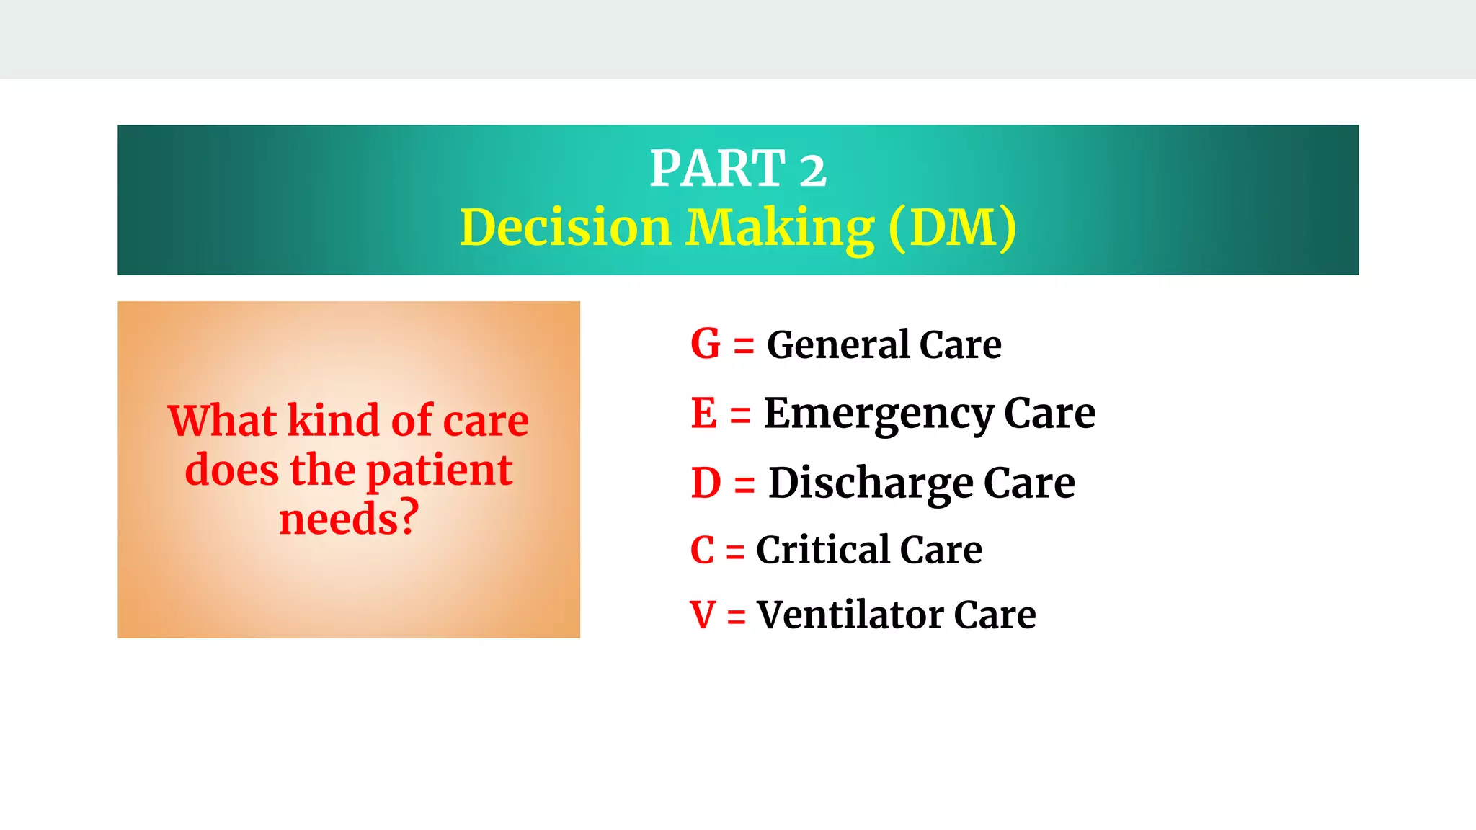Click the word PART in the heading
[717, 169]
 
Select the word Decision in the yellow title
[565, 228]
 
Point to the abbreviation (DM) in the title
[952, 228]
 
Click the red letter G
[705, 344]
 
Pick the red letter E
[703, 413]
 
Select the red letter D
[706, 483]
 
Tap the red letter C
[702, 550]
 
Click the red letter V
[703, 615]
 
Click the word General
[837, 344]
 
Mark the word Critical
[823, 550]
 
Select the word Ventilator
[850, 615]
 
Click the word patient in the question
[439, 471]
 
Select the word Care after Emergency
[1049, 414]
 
